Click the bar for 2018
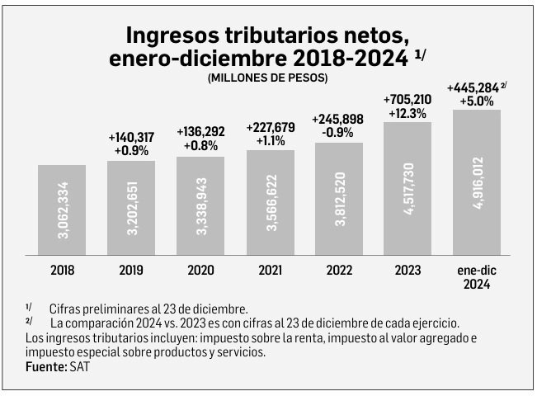(x=62, y=210)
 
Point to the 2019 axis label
(x=131, y=269)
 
